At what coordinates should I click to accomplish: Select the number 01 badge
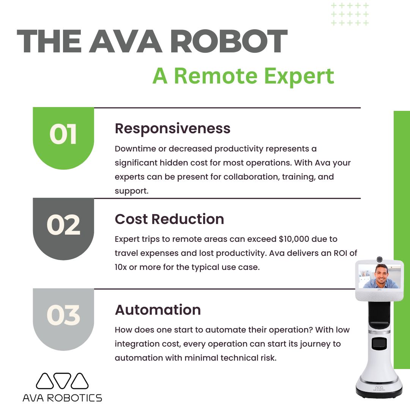pyautogui.click(x=63, y=134)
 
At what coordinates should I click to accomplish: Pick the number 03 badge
pyautogui.click(x=63, y=315)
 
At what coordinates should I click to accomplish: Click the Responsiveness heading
pyautogui.click(x=172, y=129)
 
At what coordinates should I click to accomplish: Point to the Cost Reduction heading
pyautogui.click(x=169, y=219)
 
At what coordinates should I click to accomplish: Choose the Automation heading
pyautogui.click(x=158, y=310)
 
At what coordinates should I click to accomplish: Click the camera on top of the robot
pyautogui.click(x=379, y=259)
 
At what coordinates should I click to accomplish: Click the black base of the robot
pyautogui.click(x=379, y=391)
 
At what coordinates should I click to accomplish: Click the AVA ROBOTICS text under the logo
pyautogui.click(x=62, y=398)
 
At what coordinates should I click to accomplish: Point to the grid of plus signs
pyautogui.click(x=350, y=14)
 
